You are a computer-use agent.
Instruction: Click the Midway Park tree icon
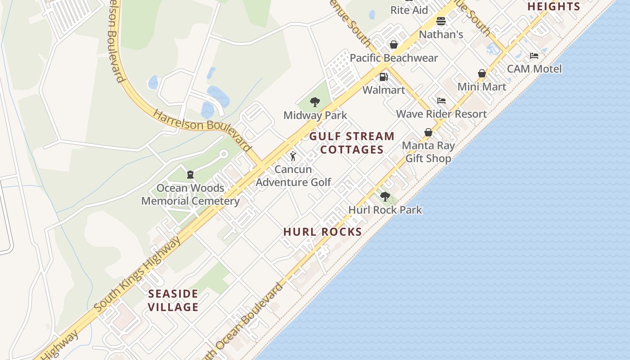pos(315,102)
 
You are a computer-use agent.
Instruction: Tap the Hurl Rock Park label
pos(385,210)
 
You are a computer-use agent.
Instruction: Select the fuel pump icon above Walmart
pos(383,77)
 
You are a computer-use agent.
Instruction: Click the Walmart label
pos(383,90)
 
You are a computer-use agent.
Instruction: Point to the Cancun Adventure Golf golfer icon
pos(293,156)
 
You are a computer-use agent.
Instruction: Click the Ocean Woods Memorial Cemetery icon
pos(190,174)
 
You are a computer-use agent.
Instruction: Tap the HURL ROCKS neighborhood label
pos(323,232)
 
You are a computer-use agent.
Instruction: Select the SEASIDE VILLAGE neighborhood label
pos(173,301)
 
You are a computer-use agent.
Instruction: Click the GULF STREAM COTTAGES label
pos(352,143)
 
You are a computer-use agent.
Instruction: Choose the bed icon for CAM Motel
pos(534,56)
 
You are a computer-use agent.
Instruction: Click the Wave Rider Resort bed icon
pos(441,101)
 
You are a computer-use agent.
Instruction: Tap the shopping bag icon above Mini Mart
pos(482,73)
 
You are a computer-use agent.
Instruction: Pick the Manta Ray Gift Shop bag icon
pos(428,132)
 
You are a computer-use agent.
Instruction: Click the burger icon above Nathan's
pos(441,21)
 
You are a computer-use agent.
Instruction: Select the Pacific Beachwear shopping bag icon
pos(394,45)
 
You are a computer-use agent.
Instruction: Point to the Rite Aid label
pos(409,10)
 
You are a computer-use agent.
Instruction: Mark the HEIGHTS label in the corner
pos(553,6)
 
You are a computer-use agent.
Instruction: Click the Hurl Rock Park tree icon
pos(385,196)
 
